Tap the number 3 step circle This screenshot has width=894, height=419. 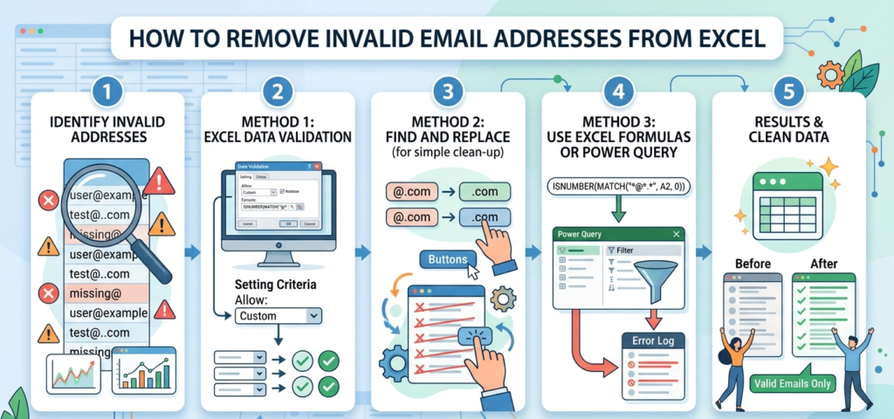pyautogui.click(x=448, y=92)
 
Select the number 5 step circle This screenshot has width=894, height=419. pyautogui.click(x=788, y=92)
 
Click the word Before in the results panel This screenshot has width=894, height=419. pyautogui.click(x=752, y=263)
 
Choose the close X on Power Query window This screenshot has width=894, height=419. pyautogui.click(x=676, y=234)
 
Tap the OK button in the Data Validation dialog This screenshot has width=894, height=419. pyautogui.click(x=285, y=223)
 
